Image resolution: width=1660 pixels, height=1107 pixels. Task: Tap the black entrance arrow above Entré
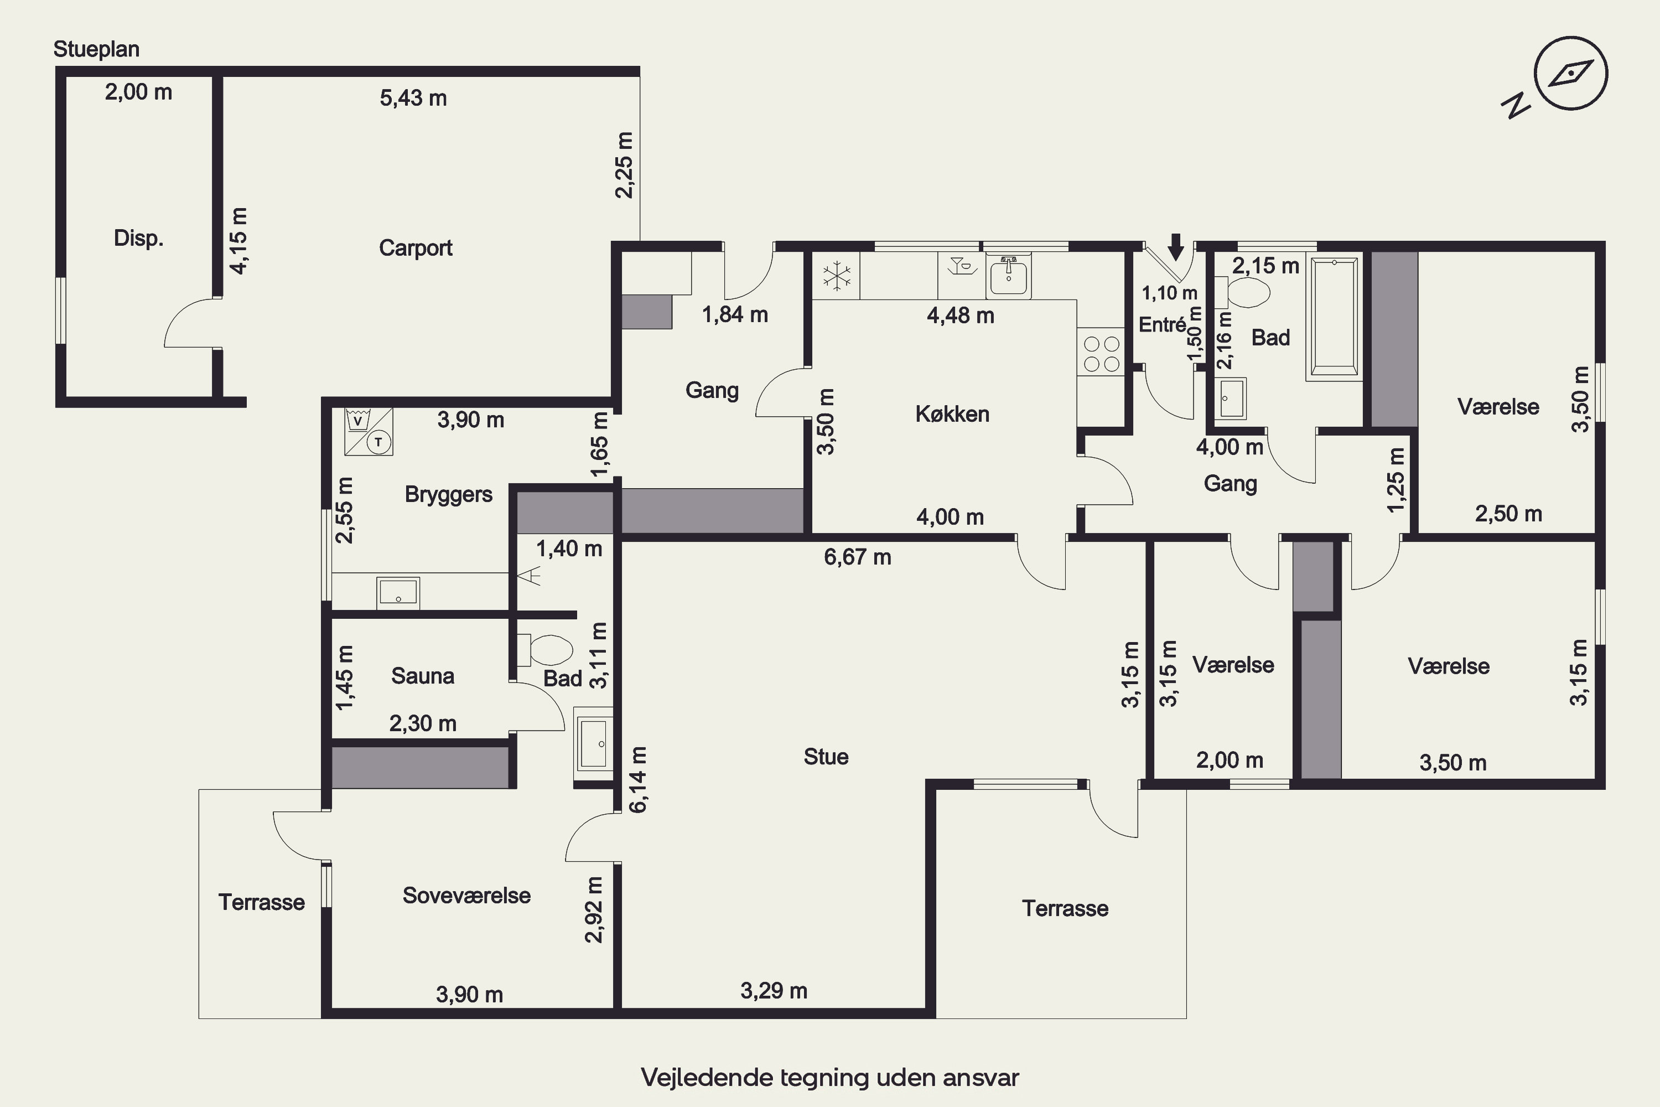[x=1175, y=247]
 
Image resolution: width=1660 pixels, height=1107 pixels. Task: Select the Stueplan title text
[x=97, y=49]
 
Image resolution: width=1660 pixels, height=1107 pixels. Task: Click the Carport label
[x=416, y=248]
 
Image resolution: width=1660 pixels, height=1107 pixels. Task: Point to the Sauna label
[x=423, y=676]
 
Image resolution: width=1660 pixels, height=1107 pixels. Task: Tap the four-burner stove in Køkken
[x=1102, y=354]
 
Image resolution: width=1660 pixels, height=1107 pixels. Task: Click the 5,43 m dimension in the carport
[x=413, y=98]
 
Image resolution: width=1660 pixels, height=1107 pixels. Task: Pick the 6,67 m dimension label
[x=858, y=557]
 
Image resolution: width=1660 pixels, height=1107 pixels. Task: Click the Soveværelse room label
[x=466, y=895]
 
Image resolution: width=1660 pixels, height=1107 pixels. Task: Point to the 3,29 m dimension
[x=774, y=991]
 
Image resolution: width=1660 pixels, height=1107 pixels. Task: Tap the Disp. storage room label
[x=138, y=238]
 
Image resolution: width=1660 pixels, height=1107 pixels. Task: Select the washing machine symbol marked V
[x=358, y=421]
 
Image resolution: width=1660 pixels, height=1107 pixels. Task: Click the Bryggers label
[x=449, y=494]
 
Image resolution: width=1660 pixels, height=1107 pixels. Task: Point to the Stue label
[x=826, y=757]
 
